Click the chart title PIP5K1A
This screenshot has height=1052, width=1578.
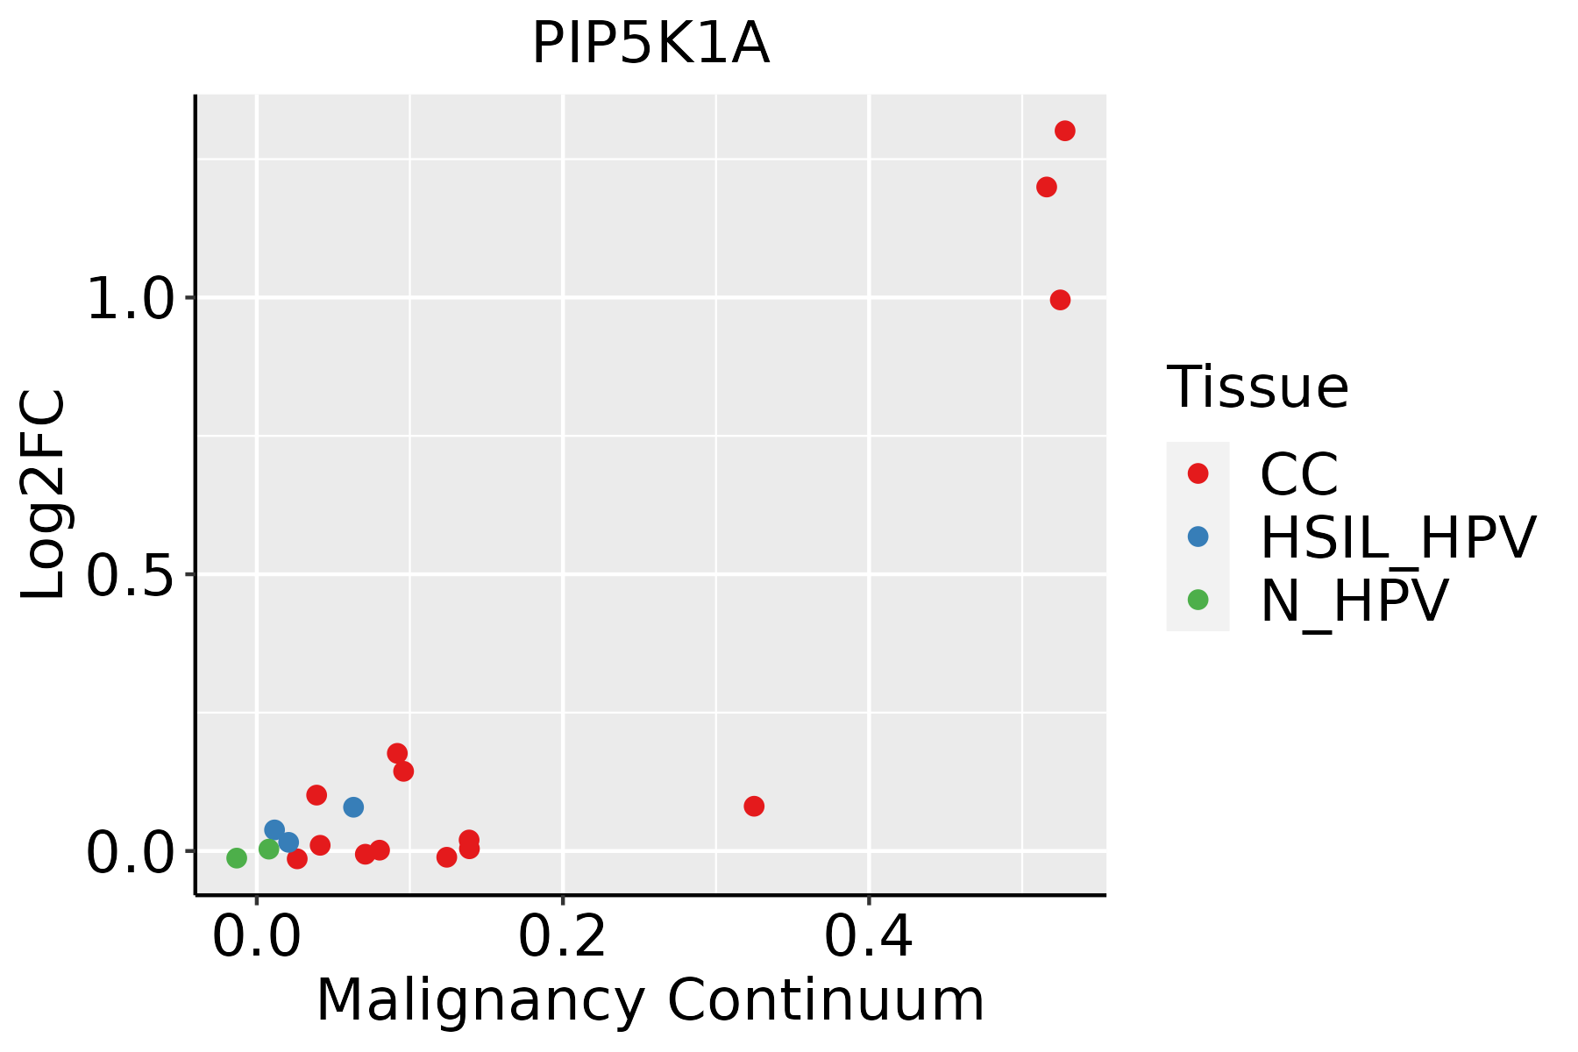tap(650, 44)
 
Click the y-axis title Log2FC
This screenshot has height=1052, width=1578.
tap(44, 495)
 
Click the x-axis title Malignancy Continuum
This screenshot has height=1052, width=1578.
tap(650, 1000)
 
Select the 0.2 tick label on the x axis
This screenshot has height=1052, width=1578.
tap(562, 937)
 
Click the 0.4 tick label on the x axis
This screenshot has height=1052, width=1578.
tap(868, 937)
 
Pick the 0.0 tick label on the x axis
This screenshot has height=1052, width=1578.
tap(256, 937)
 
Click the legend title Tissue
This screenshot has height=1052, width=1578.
tap(1257, 387)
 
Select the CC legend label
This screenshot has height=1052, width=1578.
tap(1299, 474)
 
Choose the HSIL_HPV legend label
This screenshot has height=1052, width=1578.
tap(1397, 537)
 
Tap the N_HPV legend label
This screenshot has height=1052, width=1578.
tap(1354, 601)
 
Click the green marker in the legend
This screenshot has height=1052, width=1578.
tap(1198, 600)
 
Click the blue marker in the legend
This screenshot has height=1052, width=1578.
tap(1198, 537)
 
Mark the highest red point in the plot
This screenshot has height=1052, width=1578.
tap(1065, 131)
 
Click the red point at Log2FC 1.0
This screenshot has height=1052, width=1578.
tap(1060, 300)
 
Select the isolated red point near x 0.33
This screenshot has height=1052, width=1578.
tap(754, 806)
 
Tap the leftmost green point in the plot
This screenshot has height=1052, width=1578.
tap(237, 857)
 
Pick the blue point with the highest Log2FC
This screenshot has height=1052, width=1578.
tap(353, 807)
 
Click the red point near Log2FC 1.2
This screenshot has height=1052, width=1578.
tap(1046, 187)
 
